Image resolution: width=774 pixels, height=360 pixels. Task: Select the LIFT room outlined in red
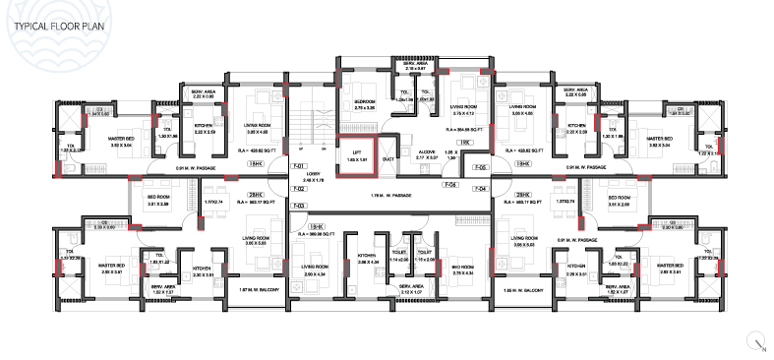click(x=359, y=153)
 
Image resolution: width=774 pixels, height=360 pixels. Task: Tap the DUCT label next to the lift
click(x=390, y=155)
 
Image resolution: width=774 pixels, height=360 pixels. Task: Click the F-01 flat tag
click(x=300, y=165)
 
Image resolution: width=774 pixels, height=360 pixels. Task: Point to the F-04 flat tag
click(x=482, y=187)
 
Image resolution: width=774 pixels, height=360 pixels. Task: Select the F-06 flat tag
click(x=451, y=184)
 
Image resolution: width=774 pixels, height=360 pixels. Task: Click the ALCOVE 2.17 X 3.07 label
click(x=426, y=153)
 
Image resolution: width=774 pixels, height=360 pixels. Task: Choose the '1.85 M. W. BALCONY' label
click(x=519, y=290)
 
